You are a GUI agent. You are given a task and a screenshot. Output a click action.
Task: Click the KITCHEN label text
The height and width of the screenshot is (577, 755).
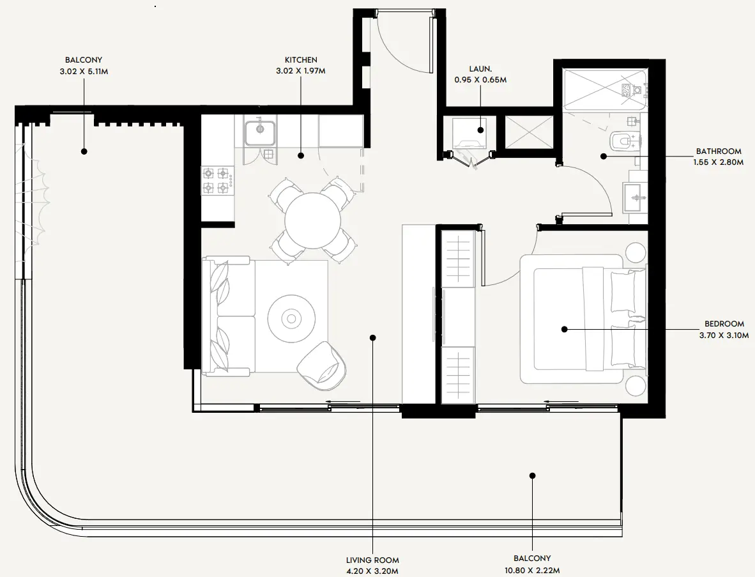(300, 60)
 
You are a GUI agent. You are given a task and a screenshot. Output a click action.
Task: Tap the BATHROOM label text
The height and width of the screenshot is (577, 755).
(719, 151)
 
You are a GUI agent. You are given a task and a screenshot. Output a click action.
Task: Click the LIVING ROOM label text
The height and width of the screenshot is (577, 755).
(373, 560)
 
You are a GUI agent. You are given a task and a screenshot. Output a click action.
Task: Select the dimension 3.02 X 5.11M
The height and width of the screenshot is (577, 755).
(83, 72)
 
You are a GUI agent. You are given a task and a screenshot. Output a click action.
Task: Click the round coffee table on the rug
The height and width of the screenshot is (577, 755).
(291, 318)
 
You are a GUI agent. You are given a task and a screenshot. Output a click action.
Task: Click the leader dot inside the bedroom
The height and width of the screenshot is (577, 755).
(565, 329)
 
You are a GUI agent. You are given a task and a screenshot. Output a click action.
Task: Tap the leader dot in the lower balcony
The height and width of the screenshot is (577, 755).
(532, 475)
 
